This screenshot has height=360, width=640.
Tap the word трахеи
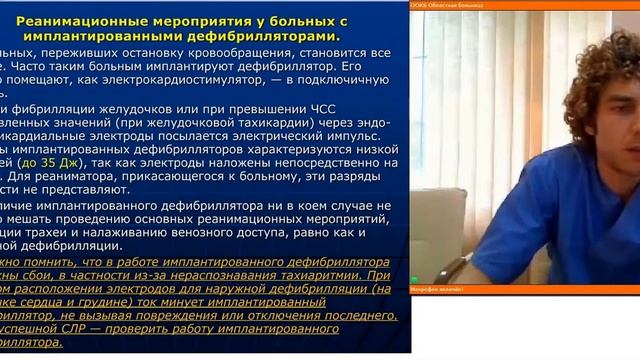click(x=62, y=228)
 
